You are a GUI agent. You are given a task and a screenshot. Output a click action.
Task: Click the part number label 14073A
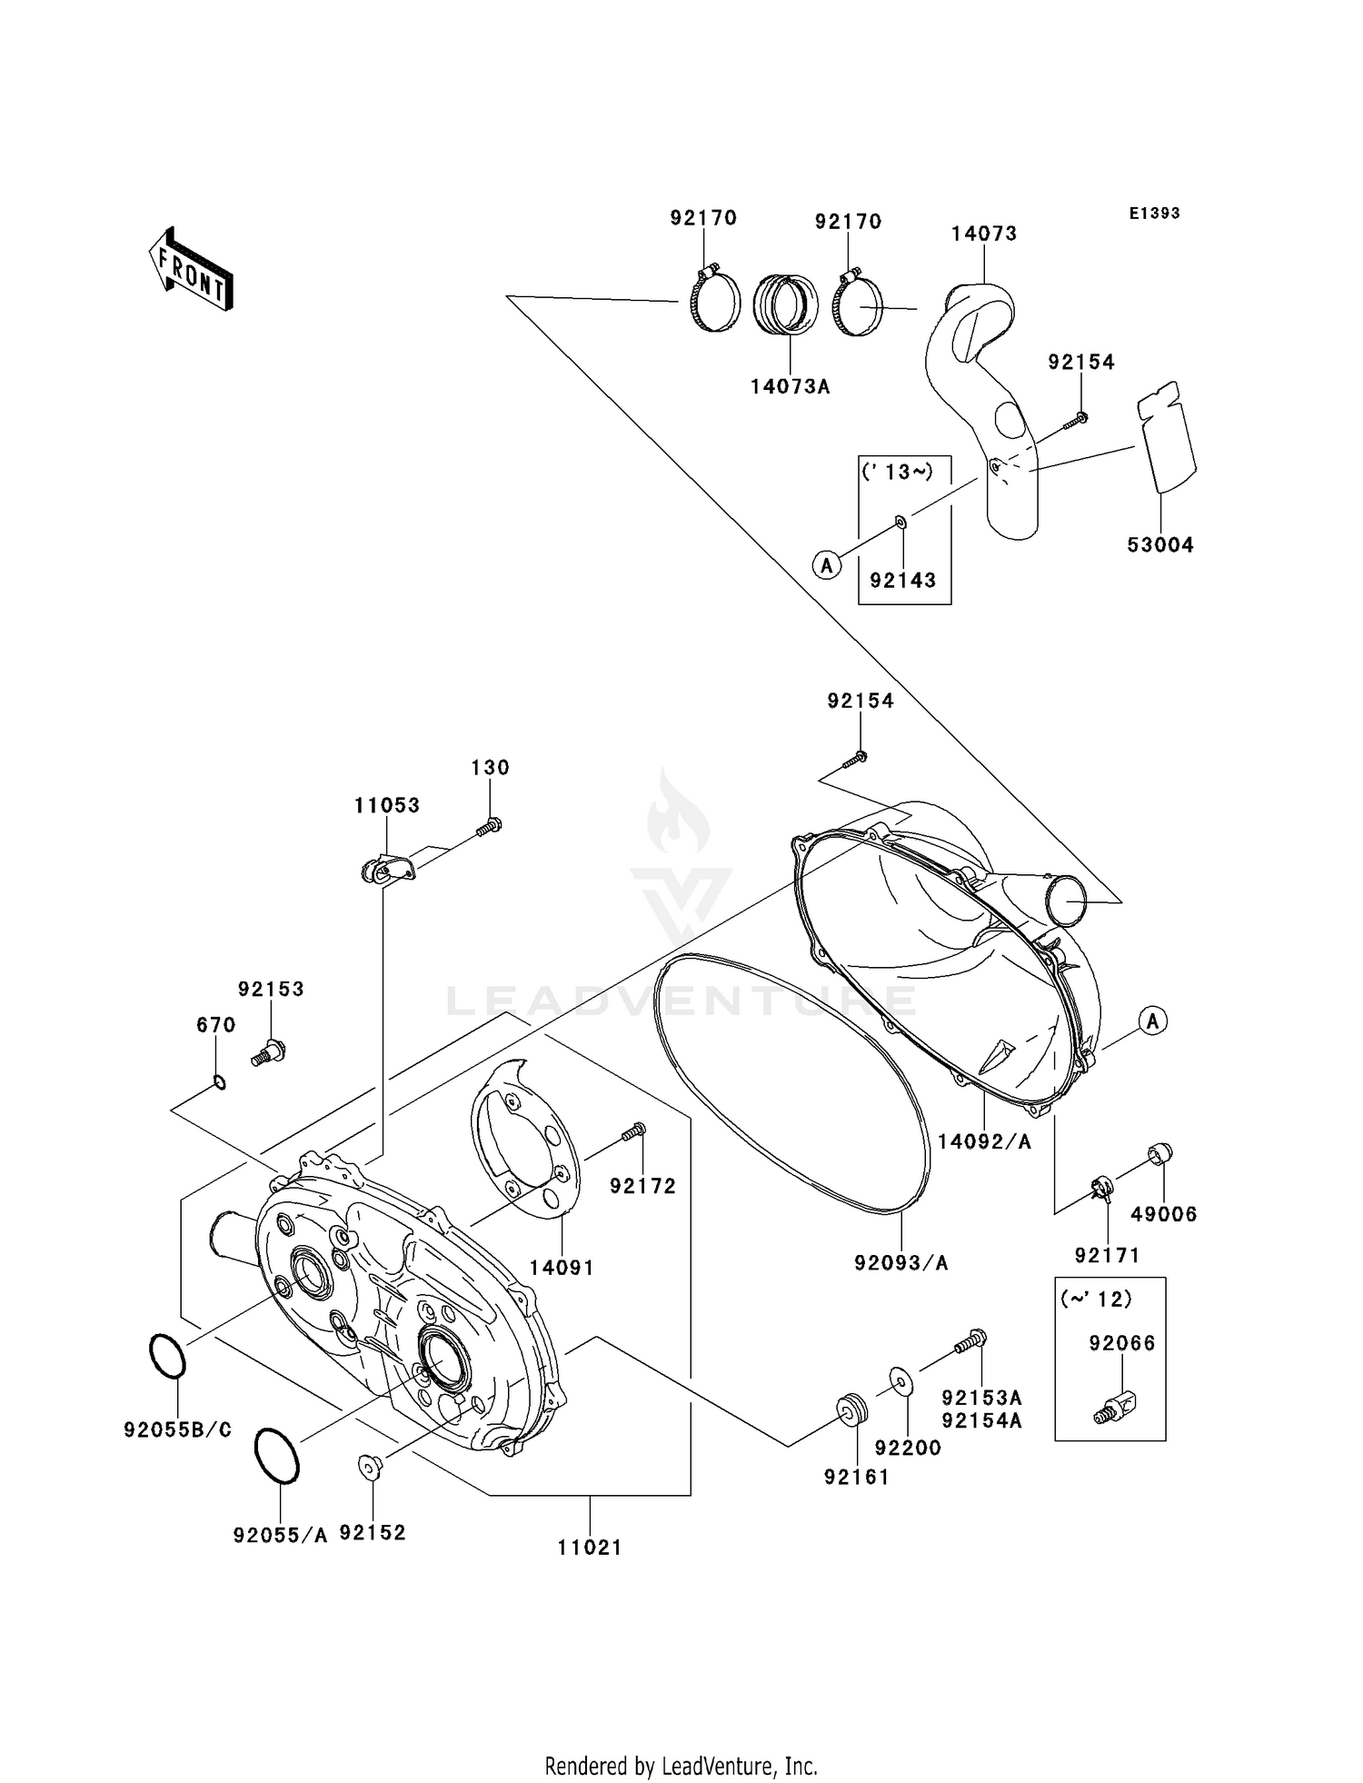(790, 386)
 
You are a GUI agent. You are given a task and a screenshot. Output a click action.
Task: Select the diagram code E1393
(1154, 214)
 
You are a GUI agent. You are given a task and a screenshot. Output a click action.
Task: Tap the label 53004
(1159, 545)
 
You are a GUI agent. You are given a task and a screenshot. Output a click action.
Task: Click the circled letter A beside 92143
(826, 566)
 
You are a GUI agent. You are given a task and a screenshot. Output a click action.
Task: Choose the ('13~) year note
(896, 472)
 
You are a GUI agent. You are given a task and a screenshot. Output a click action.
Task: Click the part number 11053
(387, 805)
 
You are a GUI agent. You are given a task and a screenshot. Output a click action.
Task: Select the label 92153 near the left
(271, 989)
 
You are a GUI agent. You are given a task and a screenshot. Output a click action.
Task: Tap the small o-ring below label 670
(219, 1081)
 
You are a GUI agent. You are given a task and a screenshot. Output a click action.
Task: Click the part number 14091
(562, 1267)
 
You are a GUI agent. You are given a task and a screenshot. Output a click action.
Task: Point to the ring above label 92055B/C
(167, 1357)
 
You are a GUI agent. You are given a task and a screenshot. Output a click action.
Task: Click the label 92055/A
(280, 1535)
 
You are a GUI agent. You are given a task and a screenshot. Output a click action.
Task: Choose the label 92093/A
(900, 1262)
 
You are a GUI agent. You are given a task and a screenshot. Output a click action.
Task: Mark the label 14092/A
(984, 1142)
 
